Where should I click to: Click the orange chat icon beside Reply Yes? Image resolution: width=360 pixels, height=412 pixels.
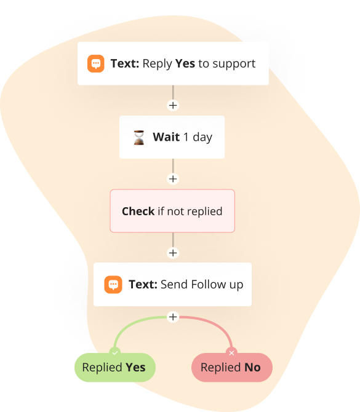click(96, 63)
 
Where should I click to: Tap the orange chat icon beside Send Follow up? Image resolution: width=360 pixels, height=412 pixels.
click(113, 285)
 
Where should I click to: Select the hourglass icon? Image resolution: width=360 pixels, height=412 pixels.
click(139, 137)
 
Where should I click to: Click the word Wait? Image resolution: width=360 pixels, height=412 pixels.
click(166, 137)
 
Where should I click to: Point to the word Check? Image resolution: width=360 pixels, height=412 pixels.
click(138, 212)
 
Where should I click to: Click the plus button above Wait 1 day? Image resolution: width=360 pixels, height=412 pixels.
click(173, 105)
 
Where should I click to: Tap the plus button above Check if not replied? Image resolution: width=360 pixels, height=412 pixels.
click(173, 179)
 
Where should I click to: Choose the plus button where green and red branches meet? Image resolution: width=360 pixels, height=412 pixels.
click(173, 317)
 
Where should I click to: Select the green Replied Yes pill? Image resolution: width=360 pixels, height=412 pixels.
click(115, 367)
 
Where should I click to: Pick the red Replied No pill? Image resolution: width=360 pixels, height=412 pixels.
click(231, 367)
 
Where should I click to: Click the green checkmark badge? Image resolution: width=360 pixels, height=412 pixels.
click(114, 353)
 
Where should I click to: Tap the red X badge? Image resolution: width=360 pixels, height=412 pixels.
click(231, 353)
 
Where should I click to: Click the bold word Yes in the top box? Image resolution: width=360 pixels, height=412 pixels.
click(185, 63)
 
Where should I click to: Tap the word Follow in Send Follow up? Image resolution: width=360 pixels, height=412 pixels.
click(209, 284)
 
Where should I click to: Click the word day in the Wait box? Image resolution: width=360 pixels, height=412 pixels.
click(202, 137)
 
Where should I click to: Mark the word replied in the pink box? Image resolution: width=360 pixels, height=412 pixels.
click(205, 212)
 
